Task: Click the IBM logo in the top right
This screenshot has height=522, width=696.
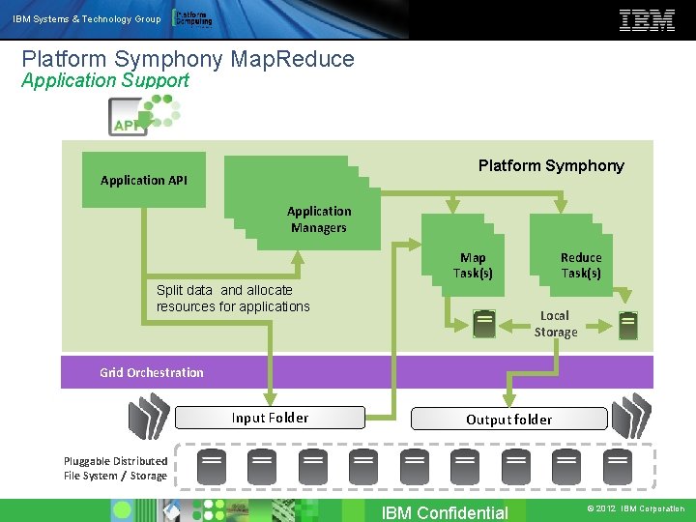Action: point(647,19)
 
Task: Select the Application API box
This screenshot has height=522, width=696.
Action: point(144,180)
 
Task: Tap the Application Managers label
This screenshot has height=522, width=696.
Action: point(318,219)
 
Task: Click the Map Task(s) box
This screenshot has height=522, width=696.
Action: point(473,266)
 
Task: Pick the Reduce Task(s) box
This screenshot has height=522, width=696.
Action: point(580,266)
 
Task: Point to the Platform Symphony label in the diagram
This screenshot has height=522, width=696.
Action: point(551,165)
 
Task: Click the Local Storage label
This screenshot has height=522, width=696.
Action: point(555,324)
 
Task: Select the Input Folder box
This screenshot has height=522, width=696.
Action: point(270,418)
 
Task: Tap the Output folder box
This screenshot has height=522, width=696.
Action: point(508,419)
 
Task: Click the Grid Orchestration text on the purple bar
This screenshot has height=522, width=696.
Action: point(152,372)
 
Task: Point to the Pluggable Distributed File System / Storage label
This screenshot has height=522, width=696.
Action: point(115,468)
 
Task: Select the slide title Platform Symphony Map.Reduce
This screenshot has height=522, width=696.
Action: point(188,59)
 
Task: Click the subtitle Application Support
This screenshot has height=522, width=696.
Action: point(105,81)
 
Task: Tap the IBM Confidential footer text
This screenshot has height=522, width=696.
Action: point(445,512)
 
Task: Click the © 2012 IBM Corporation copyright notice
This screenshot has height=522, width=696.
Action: point(635,508)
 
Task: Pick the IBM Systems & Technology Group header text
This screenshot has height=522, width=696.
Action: point(87,19)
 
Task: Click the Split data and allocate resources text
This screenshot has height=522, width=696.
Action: point(233,298)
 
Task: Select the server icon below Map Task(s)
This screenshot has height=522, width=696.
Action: point(484,323)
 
